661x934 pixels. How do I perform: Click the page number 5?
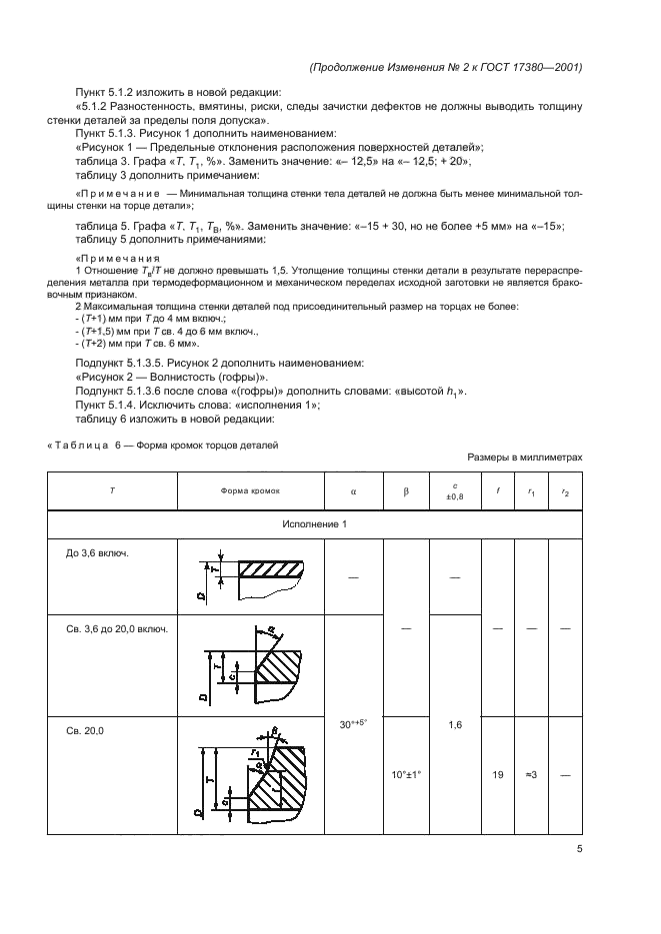(580, 850)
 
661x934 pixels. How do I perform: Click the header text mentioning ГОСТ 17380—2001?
(447, 67)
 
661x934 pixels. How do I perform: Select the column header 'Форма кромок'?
(251, 491)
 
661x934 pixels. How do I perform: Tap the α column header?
(354, 491)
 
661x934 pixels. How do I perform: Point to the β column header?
(406, 491)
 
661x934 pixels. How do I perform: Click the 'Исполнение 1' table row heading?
(315, 523)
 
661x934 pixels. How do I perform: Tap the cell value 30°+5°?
(354, 721)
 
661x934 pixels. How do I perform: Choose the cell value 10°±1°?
(406, 773)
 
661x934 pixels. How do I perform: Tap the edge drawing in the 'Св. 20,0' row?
(251, 774)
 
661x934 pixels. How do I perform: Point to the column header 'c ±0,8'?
(456, 491)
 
